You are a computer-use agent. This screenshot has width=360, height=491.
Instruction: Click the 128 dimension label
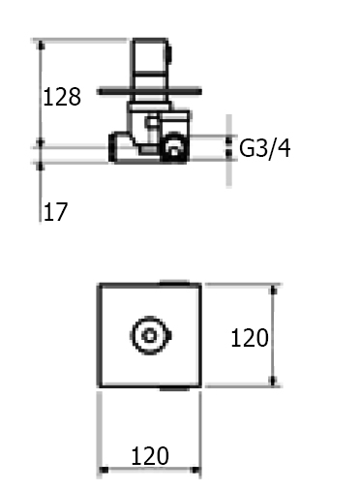point(62,97)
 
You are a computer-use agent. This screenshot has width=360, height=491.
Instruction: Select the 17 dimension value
point(55,212)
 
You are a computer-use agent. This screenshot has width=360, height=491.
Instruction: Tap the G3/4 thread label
point(265,148)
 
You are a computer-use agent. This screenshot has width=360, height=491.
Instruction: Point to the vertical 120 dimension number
point(250,338)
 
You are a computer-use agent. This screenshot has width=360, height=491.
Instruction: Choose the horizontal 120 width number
point(150,456)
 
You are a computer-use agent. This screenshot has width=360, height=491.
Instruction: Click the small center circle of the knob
point(149,336)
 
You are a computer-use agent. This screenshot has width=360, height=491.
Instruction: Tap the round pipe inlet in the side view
point(174,147)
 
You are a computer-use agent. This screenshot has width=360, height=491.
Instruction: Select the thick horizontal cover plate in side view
point(149,92)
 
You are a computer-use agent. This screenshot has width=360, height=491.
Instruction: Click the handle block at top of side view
point(150,57)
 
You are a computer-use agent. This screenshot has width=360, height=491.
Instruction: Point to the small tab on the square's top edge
point(174,283)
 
